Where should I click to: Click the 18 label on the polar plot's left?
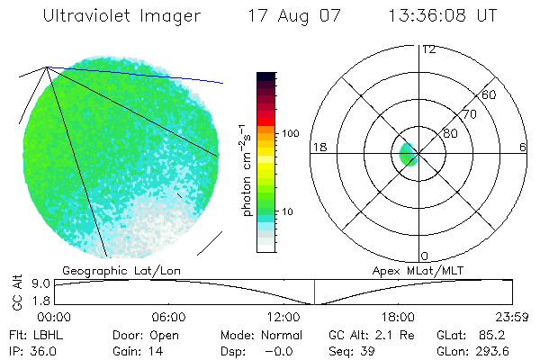(318, 147)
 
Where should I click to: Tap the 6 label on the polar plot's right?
(523, 147)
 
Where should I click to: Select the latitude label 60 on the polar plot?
(490, 94)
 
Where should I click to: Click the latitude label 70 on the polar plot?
(469, 114)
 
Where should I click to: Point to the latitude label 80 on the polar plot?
(449, 134)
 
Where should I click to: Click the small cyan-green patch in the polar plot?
(407, 154)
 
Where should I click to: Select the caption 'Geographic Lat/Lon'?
(109, 270)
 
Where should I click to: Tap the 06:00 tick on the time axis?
(168, 318)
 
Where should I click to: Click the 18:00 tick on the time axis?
(398, 318)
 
